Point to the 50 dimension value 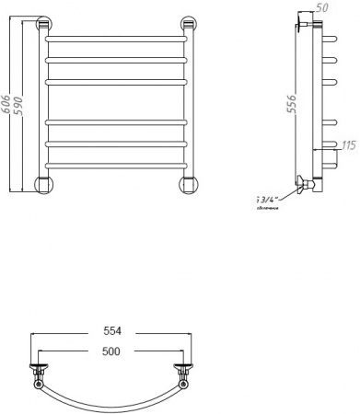[x=321, y=8]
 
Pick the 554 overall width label [x=110, y=331]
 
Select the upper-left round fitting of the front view [x=43, y=26]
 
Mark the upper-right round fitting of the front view [x=188, y=26]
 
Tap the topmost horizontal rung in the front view [x=116, y=41]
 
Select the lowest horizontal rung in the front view [x=116, y=166]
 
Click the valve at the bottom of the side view [x=307, y=186]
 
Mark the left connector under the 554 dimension [x=38, y=374]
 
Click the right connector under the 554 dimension [x=183, y=374]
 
